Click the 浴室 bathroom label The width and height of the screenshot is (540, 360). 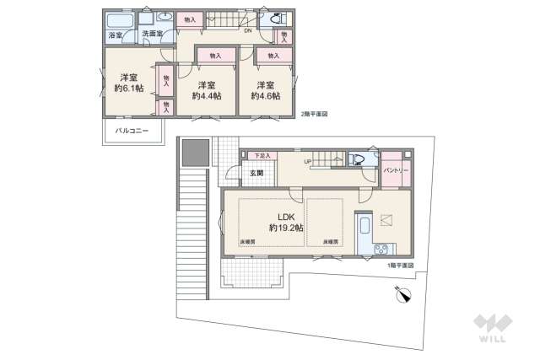coord(116,35)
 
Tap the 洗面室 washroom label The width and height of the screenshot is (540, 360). coord(152,34)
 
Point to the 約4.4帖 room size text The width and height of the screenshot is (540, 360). coord(206,96)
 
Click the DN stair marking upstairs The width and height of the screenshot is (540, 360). coord(248,31)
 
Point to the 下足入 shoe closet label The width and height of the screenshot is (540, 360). coord(263,156)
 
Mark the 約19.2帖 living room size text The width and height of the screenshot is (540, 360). coord(286,228)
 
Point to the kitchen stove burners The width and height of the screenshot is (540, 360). coord(380,249)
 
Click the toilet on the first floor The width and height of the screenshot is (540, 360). coord(357,159)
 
